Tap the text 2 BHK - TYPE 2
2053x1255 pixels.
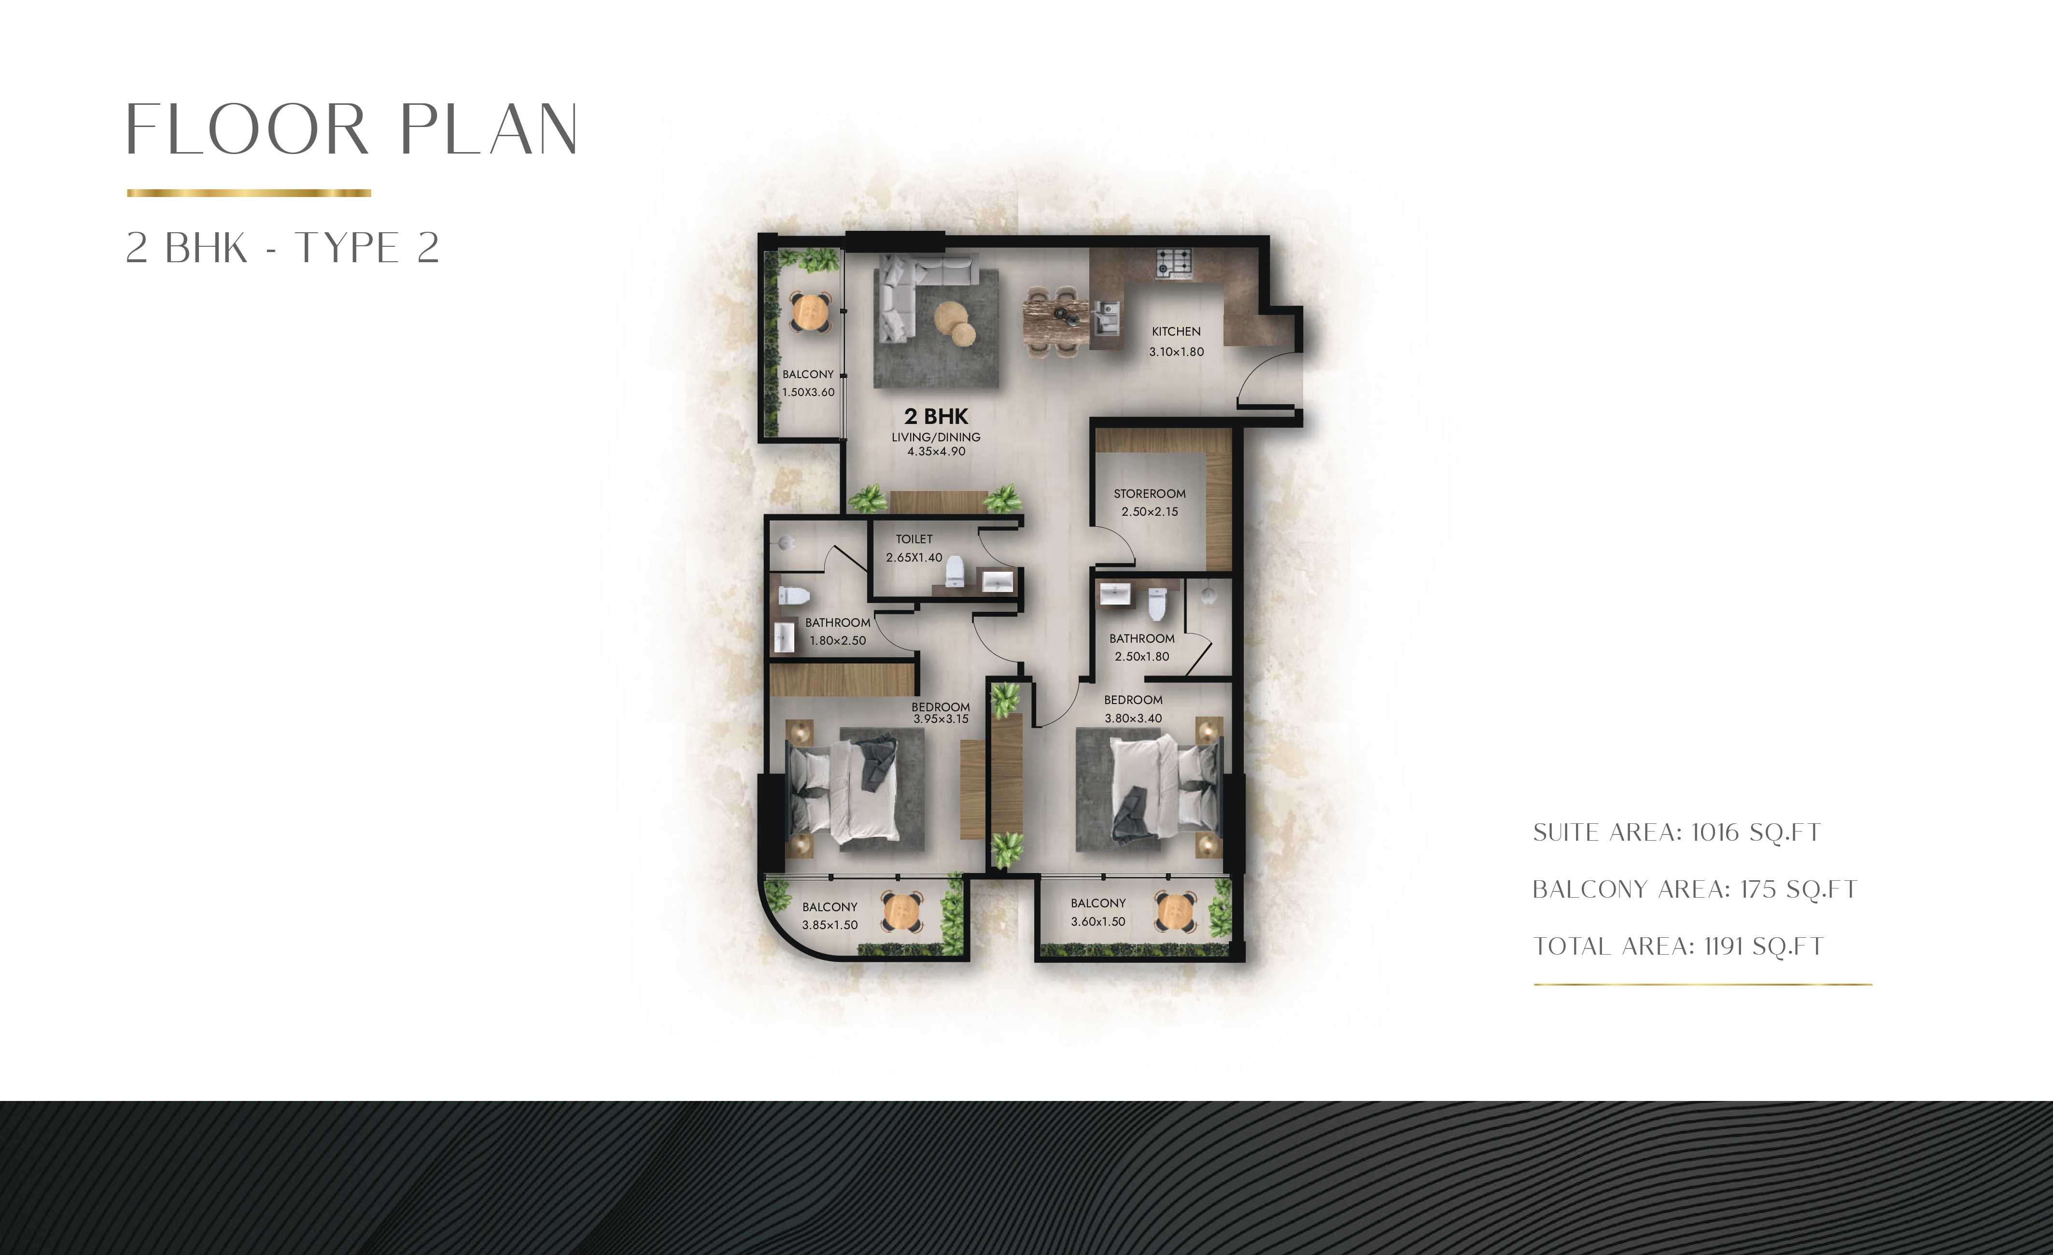coord(282,248)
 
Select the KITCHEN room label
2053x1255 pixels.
coord(1176,332)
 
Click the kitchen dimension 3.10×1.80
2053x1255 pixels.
coord(1177,352)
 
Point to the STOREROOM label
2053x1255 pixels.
coord(1149,494)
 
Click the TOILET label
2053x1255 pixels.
coord(914,539)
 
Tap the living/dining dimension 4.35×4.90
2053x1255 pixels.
coord(937,451)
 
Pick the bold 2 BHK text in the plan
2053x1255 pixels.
coord(937,416)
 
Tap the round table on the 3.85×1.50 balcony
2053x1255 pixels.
coord(902,913)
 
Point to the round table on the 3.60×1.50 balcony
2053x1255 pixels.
coord(1176,912)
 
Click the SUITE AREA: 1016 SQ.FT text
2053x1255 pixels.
coord(1676,832)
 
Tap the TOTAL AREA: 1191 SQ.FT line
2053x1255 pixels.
coord(1678,946)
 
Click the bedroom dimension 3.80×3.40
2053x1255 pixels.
coord(1133,719)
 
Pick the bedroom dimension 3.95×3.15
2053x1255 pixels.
coord(941,719)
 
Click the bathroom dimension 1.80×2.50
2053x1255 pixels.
coord(837,641)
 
